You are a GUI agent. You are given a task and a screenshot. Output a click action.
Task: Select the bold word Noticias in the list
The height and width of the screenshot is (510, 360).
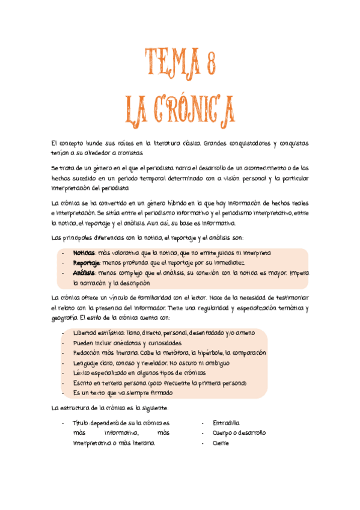pos(84,253)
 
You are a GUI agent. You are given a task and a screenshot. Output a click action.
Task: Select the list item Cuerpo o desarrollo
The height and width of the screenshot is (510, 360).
pos(239,432)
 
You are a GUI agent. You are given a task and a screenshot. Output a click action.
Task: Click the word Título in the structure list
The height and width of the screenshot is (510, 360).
pos(81,423)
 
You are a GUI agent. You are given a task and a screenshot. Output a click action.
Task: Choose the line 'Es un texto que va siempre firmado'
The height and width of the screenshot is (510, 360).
pos(122,393)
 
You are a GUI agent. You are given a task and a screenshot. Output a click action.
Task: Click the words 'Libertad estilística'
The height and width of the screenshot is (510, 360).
pos(99,333)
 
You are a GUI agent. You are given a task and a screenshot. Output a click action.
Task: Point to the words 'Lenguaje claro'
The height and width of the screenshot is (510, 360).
pos(93,363)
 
